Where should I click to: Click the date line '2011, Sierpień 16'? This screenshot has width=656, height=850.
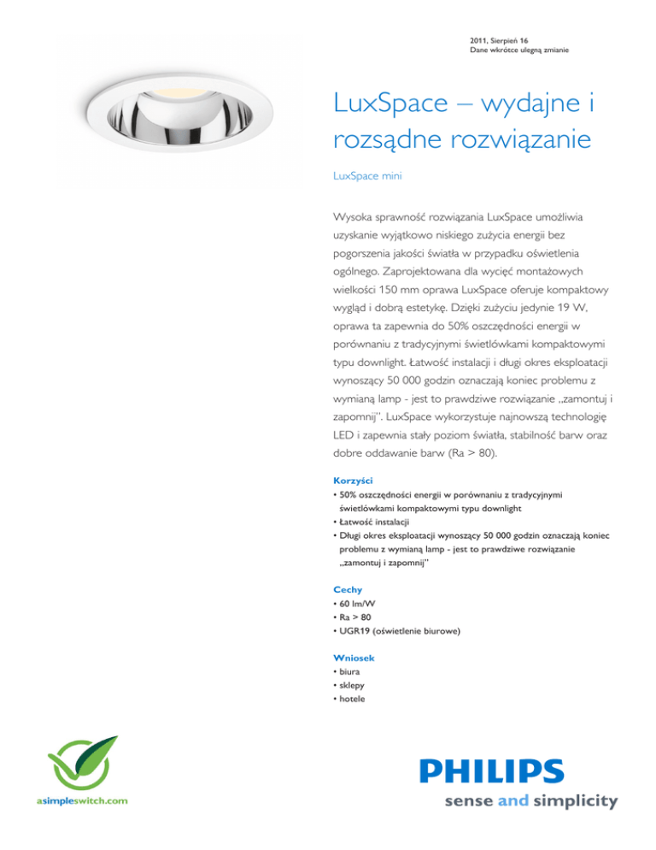(x=505, y=40)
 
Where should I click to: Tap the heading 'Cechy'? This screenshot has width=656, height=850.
(x=346, y=590)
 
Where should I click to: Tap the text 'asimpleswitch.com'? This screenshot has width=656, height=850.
(x=83, y=801)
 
